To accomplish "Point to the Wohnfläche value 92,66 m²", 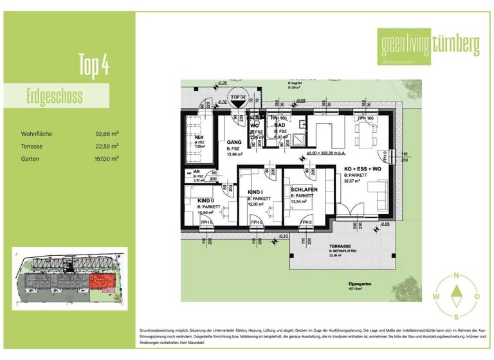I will point(106,134).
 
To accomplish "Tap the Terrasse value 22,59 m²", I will point(106,146).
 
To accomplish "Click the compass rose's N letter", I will point(456,275).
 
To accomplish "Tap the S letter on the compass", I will point(456,316).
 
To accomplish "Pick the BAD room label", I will point(280,125).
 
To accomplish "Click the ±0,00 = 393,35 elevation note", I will point(327,154).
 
